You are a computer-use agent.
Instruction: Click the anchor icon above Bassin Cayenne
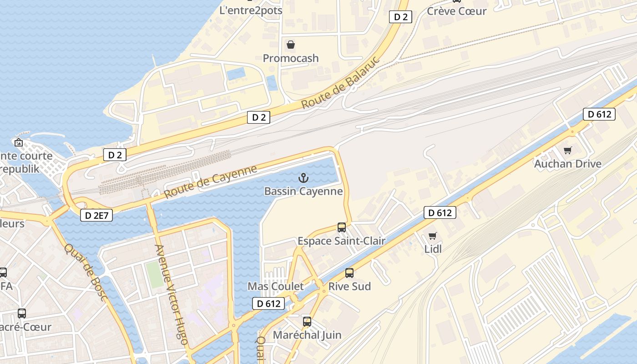pos(303,178)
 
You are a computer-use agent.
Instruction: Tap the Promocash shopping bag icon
pos(290,45)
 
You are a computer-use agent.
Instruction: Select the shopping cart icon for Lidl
pos(433,236)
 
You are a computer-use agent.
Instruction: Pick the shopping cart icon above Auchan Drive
pos(567,150)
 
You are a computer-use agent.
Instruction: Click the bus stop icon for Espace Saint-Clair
pos(341,227)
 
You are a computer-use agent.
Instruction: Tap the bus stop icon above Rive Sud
pos(349,273)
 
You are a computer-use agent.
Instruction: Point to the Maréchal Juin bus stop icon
pos(307,322)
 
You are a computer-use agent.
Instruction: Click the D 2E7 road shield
pos(96,215)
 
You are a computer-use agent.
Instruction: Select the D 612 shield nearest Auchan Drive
pos(599,114)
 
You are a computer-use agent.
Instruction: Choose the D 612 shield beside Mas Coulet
pos(268,303)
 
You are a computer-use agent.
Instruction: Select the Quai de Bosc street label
pos(86,272)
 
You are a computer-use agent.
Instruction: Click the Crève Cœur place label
pos(456,11)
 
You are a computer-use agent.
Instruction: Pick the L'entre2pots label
pos(251,10)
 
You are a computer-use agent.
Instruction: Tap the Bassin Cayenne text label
pos(303,191)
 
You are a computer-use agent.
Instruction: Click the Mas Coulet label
pos(275,286)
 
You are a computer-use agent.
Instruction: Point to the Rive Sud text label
pos(349,286)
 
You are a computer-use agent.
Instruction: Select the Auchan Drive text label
pos(567,164)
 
